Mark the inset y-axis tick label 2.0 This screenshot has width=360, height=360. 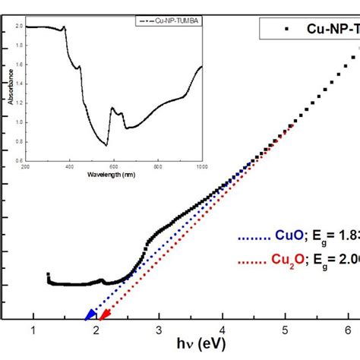tap(17, 26)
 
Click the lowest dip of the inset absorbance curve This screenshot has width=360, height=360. tap(107, 145)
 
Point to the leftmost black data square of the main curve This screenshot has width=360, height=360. tap(48, 275)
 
